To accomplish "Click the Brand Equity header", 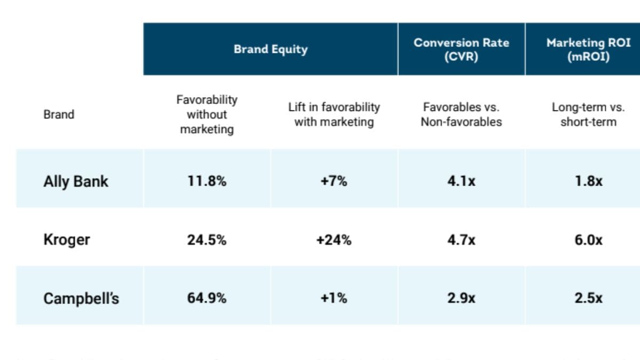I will (270, 49).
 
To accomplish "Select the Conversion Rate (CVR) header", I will (461, 49).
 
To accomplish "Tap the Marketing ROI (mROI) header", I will (588, 49).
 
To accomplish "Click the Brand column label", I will (59, 114).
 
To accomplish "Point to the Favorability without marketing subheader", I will (207, 114).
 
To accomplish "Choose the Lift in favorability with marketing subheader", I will (334, 114).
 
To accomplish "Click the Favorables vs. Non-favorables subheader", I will (461, 114).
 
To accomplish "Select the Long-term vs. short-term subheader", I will (588, 114).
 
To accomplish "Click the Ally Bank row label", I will (76, 181).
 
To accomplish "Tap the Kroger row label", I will (67, 239).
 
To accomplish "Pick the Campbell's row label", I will (81, 298).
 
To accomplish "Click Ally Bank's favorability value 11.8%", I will (207, 181).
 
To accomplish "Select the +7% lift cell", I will (334, 181).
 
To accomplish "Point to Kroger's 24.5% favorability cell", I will (207, 240).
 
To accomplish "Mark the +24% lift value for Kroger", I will (334, 240).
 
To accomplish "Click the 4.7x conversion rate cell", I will (461, 240).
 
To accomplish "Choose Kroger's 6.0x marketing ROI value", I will (588, 240).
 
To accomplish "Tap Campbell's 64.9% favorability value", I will (207, 298).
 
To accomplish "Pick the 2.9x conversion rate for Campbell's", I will (461, 298).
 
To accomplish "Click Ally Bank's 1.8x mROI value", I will (588, 181).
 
